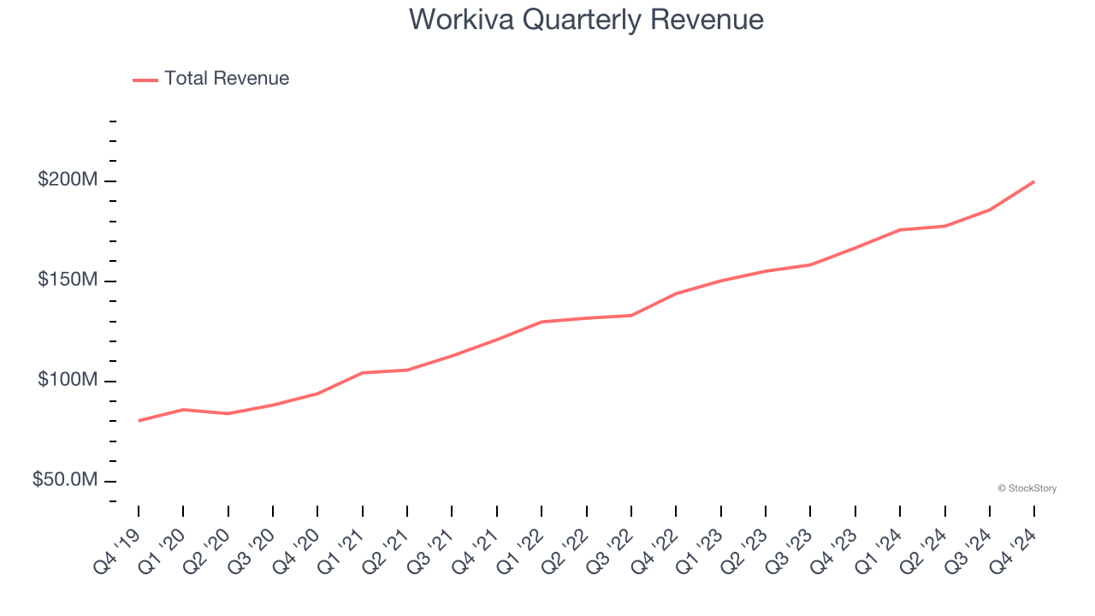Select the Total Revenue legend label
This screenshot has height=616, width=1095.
(x=227, y=79)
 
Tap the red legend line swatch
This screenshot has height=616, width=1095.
(x=145, y=80)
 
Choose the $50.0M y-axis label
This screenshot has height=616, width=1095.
(x=65, y=480)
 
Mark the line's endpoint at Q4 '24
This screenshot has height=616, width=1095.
(x=1034, y=181)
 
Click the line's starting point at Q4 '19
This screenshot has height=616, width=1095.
(x=139, y=421)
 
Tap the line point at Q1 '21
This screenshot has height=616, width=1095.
(x=363, y=373)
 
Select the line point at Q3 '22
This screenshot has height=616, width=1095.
(x=631, y=316)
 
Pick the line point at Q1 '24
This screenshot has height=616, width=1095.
(x=900, y=230)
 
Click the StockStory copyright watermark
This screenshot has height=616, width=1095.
(x=1027, y=489)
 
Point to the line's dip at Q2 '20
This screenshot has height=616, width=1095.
(x=228, y=414)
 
